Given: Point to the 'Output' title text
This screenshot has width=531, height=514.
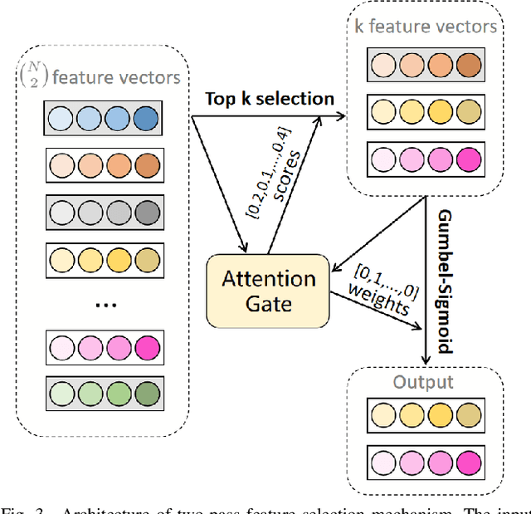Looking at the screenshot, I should click(x=424, y=382).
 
